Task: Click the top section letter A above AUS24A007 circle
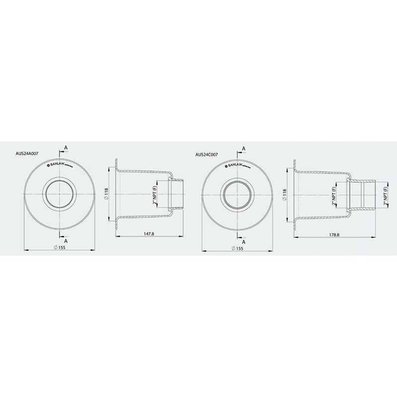coord(66,148)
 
